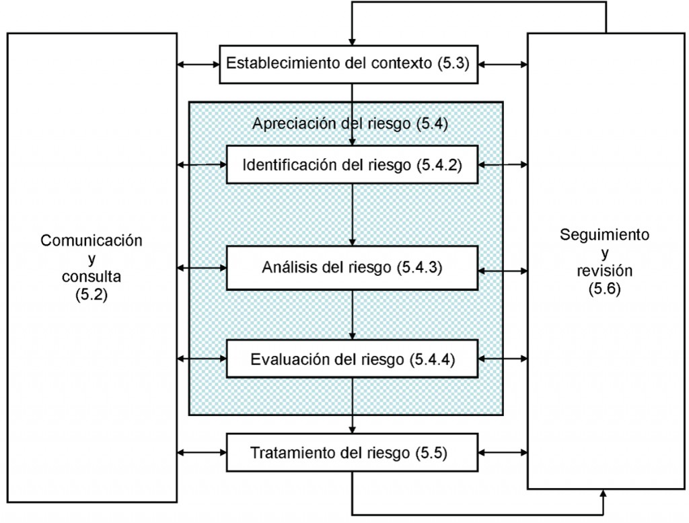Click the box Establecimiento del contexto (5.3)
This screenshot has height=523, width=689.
(x=352, y=65)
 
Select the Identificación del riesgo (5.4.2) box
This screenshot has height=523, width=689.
(x=352, y=164)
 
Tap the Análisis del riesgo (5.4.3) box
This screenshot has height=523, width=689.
(x=352, y=267)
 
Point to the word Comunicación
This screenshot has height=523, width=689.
(x=92, y=240)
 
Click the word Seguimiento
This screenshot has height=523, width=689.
(x=604, y=235)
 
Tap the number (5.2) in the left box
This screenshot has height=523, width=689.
(x=92, y=294)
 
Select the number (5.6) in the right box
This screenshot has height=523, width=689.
(x=604, y=289)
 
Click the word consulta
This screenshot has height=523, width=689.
(x=92, y=276)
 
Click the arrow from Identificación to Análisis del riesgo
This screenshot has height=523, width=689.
(x=352, y=215)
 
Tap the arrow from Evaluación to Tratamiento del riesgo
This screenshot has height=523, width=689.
(x=352, y=405)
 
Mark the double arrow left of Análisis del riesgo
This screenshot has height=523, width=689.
(x=202, y=267)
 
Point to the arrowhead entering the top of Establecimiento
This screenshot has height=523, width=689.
(x=352, y=41)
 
